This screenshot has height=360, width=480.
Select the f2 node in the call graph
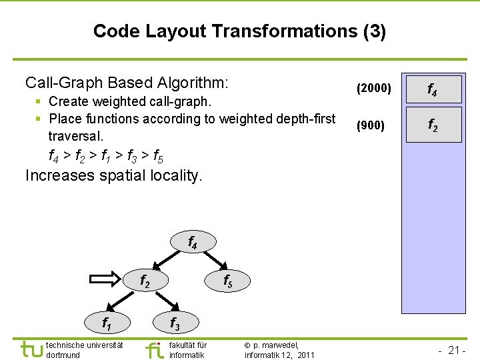(x=144, y=281)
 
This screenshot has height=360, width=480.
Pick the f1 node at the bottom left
(x=106, y=323)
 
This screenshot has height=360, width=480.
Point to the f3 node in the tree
(x=174, y=323)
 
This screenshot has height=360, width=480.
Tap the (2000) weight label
(x=374, y=87)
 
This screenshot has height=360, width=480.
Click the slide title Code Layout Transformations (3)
(x=239, y=31)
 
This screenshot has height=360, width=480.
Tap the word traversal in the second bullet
(x=76, y=137)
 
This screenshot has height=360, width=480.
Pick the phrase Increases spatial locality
(x=113, y=176)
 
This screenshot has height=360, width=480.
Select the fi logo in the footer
(x=154, y=349)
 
